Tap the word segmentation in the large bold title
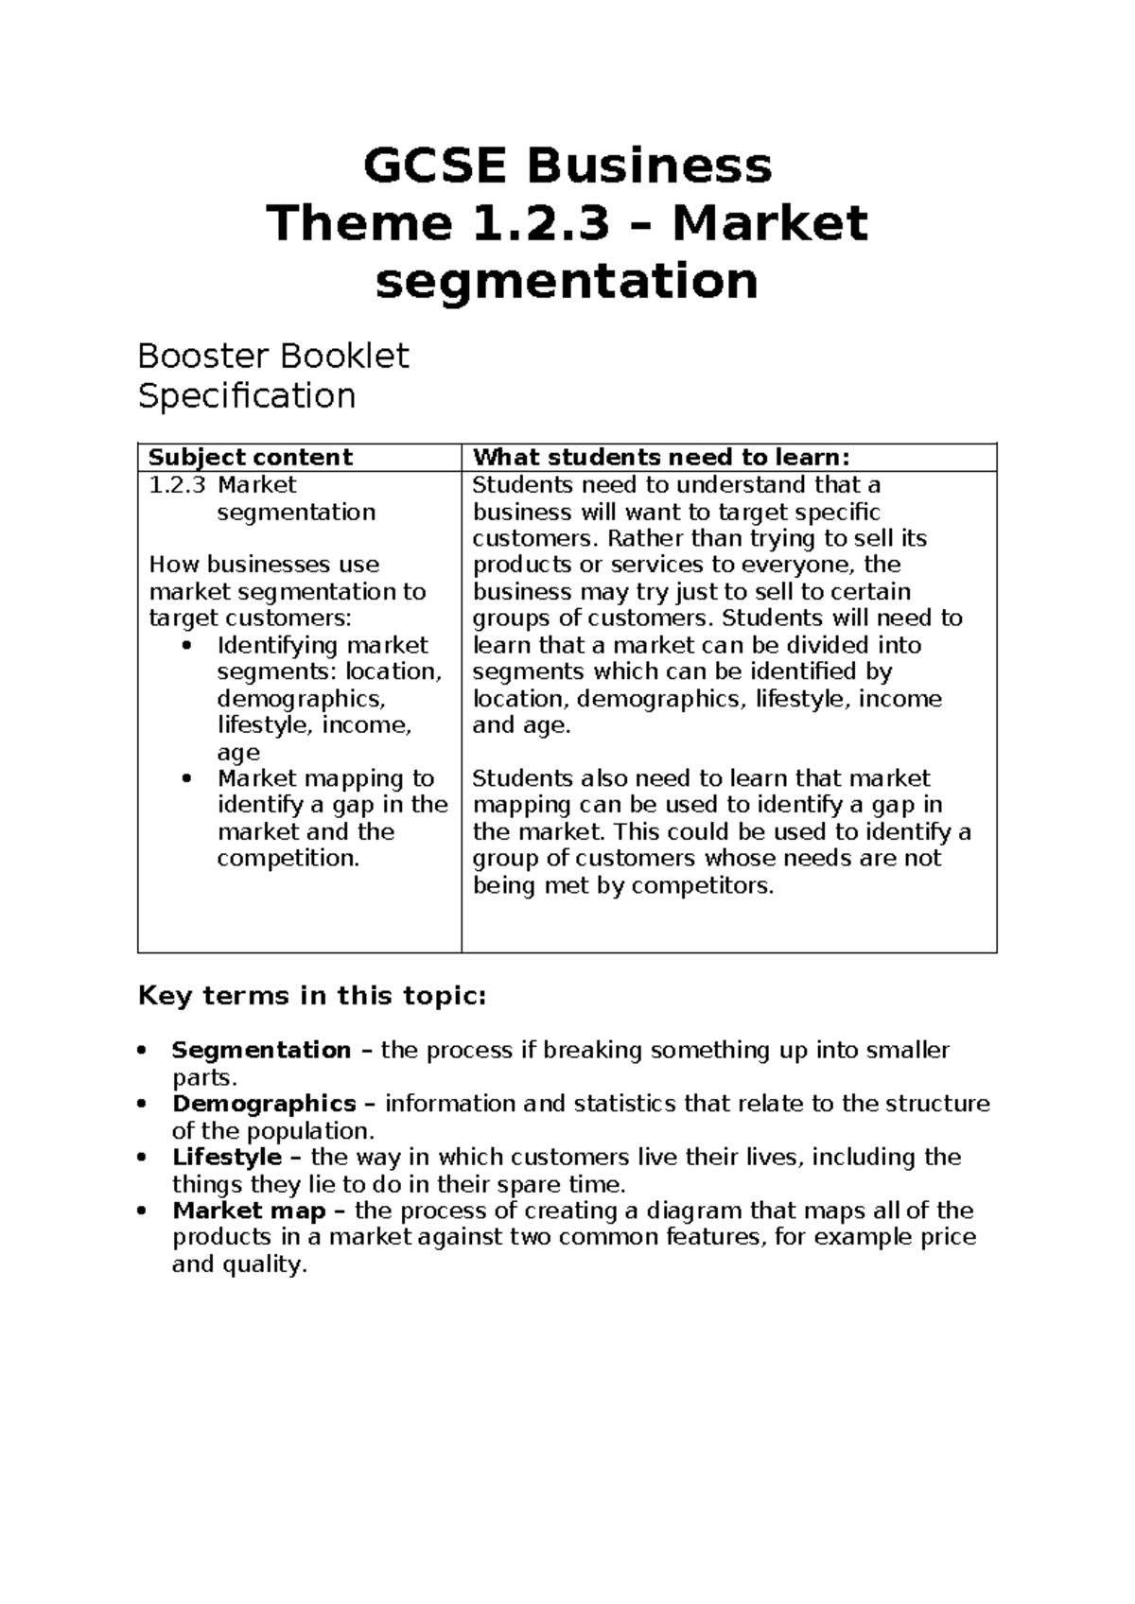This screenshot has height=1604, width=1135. (x=567, y=282)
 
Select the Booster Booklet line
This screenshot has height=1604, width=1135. (x=273, y=357)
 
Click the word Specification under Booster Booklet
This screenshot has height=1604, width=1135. (x=247, y=395)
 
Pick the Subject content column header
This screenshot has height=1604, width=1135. (x=251, y=458)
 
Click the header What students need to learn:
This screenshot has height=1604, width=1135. (x=661, y=458)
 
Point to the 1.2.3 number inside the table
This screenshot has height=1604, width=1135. (x=177, y=485)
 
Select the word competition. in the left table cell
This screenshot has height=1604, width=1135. (x=288, y=859)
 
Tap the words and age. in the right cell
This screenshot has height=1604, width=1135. (x=521, y=726)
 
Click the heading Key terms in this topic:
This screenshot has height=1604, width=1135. (x=312, y=997)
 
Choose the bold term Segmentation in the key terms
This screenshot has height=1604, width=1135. (x=261, y=1051)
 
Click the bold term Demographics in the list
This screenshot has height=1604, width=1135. (x=264, y=1104)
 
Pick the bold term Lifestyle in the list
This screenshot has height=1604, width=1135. (x=227, y=1158)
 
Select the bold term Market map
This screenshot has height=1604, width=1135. (x=249, y=1212)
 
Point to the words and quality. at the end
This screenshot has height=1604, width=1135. (x=239, y=1265)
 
